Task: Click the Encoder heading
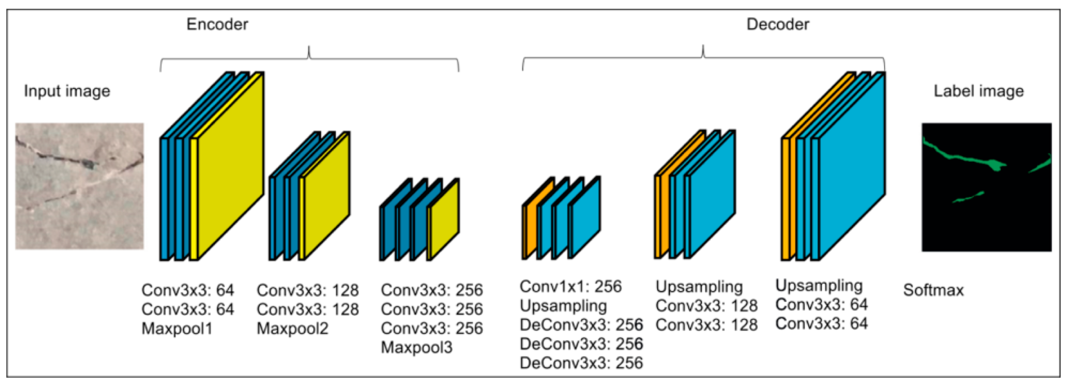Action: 217,24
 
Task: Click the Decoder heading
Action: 778,24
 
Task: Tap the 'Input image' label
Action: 67,91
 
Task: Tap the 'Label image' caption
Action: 979,91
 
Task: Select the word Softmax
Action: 933,290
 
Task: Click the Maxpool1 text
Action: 177,329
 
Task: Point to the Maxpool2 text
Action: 292,329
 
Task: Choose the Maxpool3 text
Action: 416,348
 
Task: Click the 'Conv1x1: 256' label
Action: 571,286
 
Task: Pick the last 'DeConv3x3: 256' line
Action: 581,363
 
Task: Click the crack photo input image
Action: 80,186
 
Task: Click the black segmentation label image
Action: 986,187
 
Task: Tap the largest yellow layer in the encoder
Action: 230,165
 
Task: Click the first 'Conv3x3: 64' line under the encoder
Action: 187,290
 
